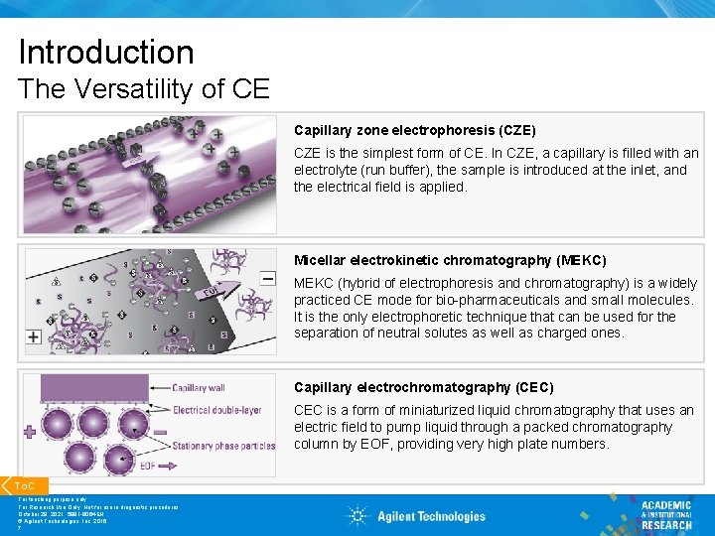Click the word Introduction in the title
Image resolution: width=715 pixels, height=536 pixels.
click(106, 52)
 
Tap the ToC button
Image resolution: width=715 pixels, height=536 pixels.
click(24, 485)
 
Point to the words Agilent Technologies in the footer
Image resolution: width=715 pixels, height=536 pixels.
click(431, 516)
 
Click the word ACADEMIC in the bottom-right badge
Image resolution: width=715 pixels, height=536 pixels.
click(665, 506)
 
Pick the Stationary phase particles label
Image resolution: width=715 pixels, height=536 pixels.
click(223, 446)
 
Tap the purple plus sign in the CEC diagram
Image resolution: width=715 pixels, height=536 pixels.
click(29, 432)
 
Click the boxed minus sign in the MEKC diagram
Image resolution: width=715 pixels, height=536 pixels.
click(268, 279)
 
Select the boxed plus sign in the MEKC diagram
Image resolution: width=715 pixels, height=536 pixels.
click(33, 337)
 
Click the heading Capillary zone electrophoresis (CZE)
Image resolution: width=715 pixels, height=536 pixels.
click(414, 130)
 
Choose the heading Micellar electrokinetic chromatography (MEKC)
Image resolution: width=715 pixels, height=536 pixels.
click(450, 260)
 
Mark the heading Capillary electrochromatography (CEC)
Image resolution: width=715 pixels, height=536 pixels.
click(423, 387)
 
